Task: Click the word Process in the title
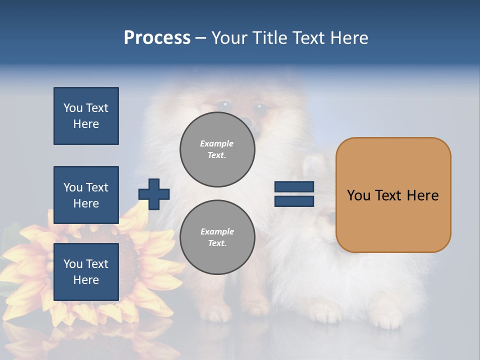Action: (157, 37)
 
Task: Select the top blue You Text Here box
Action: (86, 116)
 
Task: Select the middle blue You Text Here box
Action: (86, 195)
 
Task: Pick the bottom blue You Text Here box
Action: (86, 272)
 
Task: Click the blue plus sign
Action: (154, 194)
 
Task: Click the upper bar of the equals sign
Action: (294, 187)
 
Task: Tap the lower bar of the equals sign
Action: (294, 201)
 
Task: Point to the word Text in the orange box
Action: (389, 195)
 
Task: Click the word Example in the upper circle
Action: (216, 143)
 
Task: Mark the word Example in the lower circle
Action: (217, 231)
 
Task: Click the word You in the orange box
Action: (358, 195)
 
